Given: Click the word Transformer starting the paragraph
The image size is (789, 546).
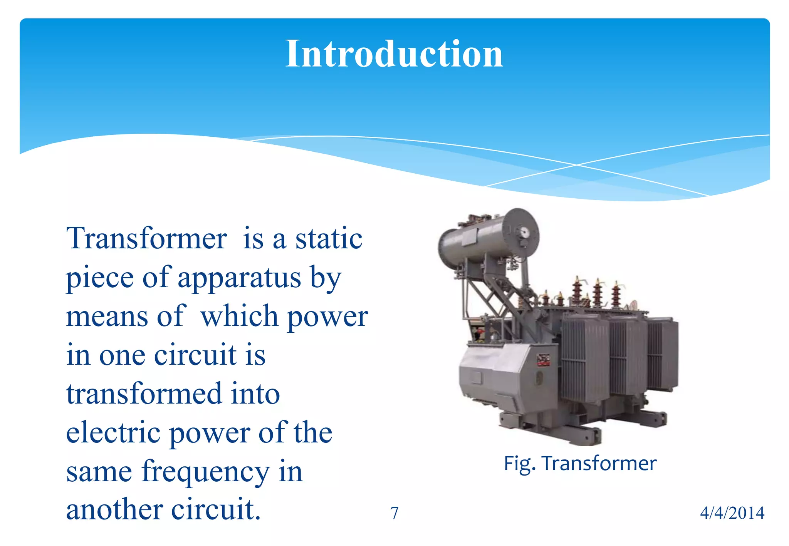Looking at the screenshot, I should [x=146, y=239].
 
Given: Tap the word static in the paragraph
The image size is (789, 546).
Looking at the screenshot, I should [x=329, y=239].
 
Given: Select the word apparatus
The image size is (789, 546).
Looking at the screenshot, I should [x=239, y=278].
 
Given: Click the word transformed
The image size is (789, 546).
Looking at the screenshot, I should [x=144, y=394].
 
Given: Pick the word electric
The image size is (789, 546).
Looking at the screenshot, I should [x=113, y=433].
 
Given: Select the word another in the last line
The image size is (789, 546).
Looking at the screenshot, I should [x=114, y=510].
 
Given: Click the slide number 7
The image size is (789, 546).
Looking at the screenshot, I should [x=394, y=513].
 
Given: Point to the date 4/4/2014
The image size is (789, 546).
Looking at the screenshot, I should [x=732, y=513].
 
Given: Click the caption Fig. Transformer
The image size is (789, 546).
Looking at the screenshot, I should [x=580, y=463].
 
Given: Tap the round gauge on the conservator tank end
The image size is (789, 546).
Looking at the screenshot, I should [x=524, y=233].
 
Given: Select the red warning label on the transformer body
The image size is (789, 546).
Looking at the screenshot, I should [x=543, y=360].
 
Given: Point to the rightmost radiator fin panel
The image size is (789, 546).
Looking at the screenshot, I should [x=663, y=354].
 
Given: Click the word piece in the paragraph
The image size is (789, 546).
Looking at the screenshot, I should [x=100, y=278].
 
